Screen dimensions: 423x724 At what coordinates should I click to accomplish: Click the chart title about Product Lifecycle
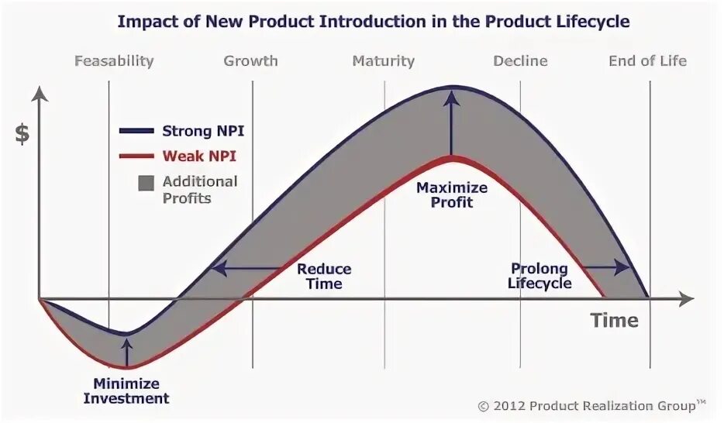coord(373,22)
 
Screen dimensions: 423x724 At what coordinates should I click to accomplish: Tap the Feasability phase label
coord(114,60)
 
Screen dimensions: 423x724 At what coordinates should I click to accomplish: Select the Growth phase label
coord(250,60)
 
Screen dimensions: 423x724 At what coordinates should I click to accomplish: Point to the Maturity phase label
coord(383,60)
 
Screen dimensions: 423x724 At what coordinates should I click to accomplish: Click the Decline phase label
coord(520,60)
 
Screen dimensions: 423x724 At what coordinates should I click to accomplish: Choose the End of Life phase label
coord(647,60)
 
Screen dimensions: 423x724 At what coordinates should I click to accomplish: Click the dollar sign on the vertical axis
coord(22,134)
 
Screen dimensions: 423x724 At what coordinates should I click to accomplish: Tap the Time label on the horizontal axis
coord(615,320)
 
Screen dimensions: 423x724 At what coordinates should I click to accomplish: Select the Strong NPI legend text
coord(209,131)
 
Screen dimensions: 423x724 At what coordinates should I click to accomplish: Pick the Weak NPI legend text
coord(199,156)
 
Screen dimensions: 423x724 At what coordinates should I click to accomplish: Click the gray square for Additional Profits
coord(146,184)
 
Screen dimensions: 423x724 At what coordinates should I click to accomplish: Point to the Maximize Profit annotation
coord(452,194)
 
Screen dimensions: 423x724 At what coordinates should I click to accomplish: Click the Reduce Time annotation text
coord(324,277)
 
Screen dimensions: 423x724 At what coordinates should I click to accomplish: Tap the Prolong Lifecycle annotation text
coord(540,276)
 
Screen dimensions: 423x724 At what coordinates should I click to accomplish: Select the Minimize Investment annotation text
coord(126,391)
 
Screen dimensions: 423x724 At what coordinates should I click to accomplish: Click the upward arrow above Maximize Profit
coord(451,124)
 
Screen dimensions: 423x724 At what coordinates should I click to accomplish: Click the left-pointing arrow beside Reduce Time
coord(248,268)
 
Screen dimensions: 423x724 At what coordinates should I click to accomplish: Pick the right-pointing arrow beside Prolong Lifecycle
coord(606,267)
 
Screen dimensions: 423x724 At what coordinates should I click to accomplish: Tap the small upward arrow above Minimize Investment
coord(127,350)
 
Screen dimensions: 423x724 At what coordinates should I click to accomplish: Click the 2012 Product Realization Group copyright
coord(591,404)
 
